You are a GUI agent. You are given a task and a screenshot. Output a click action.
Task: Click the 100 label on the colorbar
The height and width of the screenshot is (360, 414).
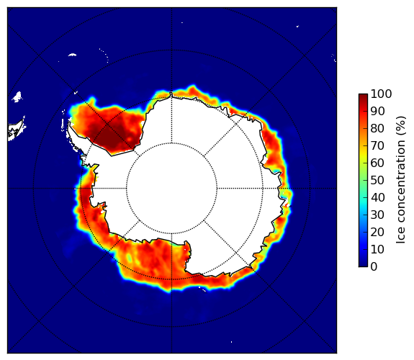381,94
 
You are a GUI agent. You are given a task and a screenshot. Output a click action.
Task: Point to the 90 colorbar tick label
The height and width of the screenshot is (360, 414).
377,111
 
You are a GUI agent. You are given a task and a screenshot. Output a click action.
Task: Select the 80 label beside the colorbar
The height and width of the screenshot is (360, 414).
377,128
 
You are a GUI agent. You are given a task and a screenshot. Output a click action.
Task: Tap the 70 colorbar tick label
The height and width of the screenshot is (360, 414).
377,145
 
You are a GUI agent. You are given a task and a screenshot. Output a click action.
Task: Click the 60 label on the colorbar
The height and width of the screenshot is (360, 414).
377,163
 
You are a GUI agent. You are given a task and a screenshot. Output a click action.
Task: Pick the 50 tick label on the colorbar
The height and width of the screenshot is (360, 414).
377,180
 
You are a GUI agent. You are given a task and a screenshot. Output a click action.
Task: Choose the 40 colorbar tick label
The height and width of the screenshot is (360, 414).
377,197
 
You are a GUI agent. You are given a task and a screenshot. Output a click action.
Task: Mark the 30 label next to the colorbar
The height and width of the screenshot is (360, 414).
377,215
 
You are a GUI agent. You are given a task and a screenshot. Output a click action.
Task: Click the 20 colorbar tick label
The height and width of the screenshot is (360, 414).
377,232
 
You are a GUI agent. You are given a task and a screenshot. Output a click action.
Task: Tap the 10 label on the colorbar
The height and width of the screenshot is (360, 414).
377,249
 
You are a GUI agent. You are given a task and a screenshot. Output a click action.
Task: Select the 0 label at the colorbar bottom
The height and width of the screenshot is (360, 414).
374,267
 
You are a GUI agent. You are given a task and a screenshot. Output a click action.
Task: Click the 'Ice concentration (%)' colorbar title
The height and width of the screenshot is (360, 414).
400,180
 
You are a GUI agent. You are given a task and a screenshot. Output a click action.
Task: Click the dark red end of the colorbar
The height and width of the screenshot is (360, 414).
363,96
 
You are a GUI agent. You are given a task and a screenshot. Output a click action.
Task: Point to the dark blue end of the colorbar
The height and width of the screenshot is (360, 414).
363,265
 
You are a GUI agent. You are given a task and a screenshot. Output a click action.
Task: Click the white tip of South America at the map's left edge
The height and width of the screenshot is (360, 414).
17,130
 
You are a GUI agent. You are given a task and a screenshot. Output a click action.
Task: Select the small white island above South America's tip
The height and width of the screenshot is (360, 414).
17,96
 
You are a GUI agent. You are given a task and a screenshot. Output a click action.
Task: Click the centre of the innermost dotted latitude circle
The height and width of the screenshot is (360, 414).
171,189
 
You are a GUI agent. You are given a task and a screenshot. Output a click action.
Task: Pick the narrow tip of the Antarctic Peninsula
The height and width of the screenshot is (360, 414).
69,124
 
